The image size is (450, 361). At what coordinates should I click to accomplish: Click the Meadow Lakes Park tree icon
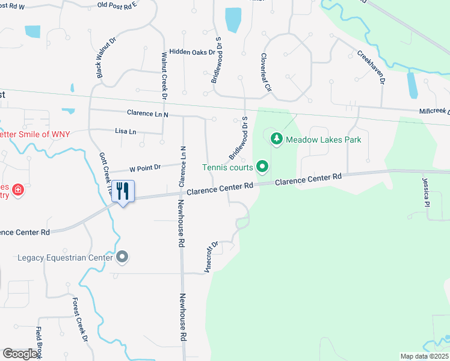pyautogui.click(x=277, y=139)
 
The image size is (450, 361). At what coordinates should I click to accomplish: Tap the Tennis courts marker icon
pyautogui.click(x=262, y=167)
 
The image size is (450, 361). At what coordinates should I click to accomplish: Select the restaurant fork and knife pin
pyautogui.click(x=123, y=192)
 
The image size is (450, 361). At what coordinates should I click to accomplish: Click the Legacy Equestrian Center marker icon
pyautogui.click(x=122, y=258)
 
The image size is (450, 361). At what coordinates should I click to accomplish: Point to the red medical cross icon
pyautogui.click(x=18, y=190)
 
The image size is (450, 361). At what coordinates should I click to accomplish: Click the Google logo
pyautogui.click(x=20, y=354)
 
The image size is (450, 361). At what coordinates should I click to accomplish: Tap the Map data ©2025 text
pyautogui.click(x=424, y=356)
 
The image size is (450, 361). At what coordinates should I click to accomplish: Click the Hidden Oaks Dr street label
pyautogui.click(x=193, y=52)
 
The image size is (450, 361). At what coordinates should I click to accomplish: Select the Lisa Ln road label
pyautogui.click(x=126, y=131)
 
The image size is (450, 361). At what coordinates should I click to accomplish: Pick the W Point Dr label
pyautogui.click(x=143, y=168)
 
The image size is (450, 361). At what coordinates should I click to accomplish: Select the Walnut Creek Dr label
pyautogui.click(x=164, y=75)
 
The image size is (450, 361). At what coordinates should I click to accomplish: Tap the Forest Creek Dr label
pyautogui.click(x=80, y=320)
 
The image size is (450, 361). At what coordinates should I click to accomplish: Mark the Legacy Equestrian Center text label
pyautogui.click(x=65, y=258)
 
